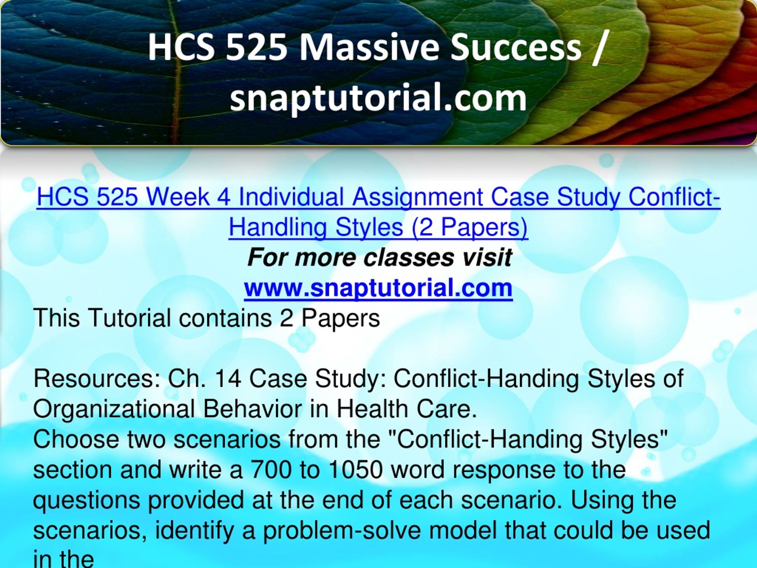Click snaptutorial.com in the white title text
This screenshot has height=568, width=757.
pos(378,98)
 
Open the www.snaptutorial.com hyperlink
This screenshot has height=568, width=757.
pos(378,288)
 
